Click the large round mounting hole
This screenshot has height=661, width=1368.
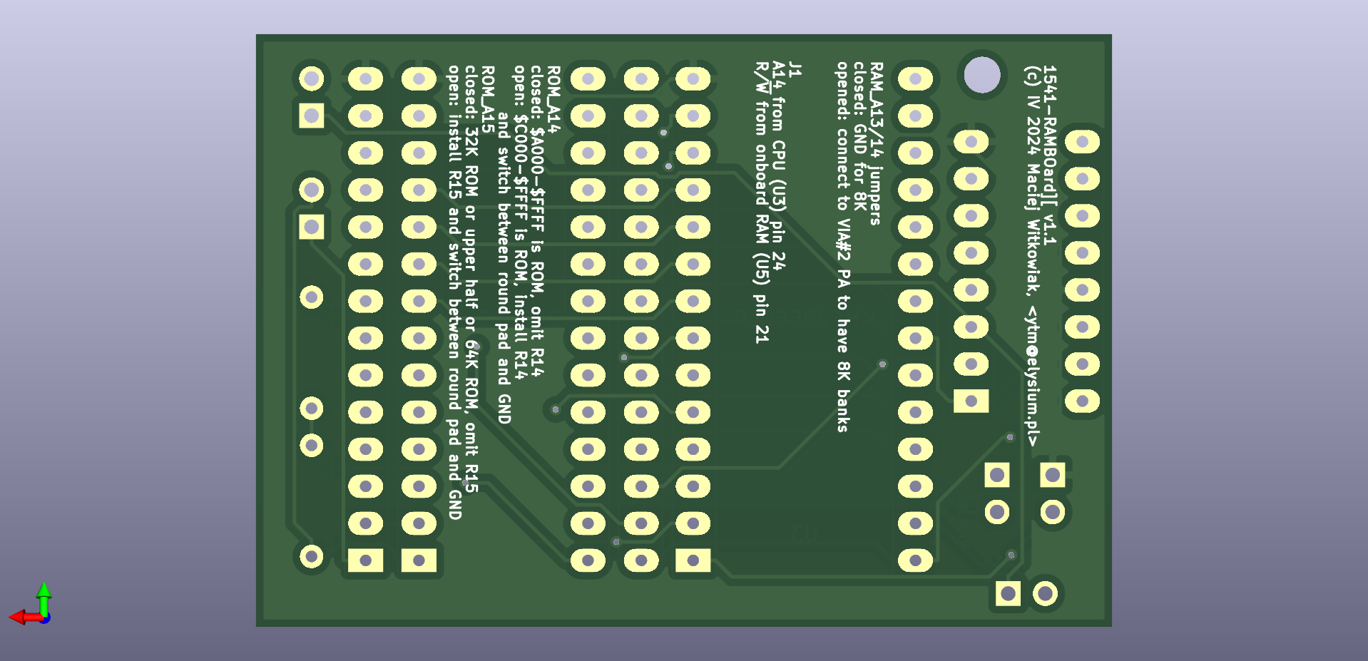point(982,74)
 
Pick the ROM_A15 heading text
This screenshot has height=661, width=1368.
point(488,99)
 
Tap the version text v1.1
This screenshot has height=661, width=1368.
point(1049,230)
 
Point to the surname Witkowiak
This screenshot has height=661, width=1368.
point(1032,254)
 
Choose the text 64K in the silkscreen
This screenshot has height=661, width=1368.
point(471,354)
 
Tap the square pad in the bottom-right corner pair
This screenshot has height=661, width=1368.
point(1008,593)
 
